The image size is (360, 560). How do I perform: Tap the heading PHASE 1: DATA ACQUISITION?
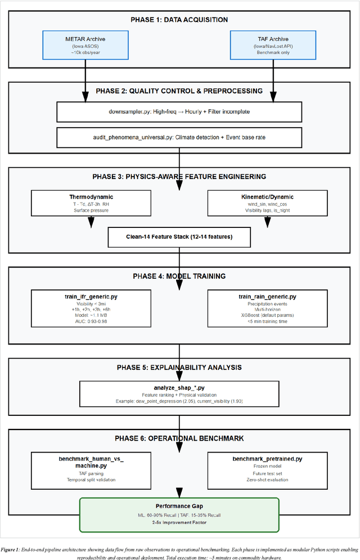click(179, 20)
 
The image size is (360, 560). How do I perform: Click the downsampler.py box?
click(179, 111)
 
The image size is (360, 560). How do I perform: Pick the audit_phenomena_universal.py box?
click(179, 136)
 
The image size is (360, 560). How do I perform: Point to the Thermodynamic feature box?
click(91, 203)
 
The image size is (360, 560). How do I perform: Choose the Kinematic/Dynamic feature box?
click(268, 203)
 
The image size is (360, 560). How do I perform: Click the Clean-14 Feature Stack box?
click(179, 237)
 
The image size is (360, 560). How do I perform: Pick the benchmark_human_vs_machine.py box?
click(91, 468)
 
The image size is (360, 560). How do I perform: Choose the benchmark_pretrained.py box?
click(268, 468)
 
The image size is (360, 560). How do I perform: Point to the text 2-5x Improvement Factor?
click(179, 522)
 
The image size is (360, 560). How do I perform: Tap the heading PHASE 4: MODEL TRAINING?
click(179, 276)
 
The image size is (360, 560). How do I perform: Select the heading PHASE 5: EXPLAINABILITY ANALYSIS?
click(179, 367)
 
